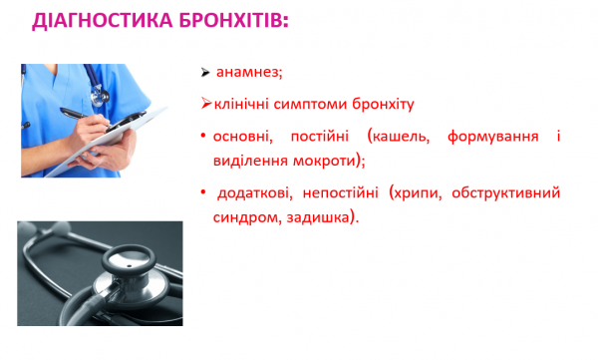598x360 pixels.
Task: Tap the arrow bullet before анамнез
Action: [205, 74]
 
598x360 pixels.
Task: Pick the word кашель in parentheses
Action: [399, 134]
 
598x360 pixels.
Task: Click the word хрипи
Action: [417, 190]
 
